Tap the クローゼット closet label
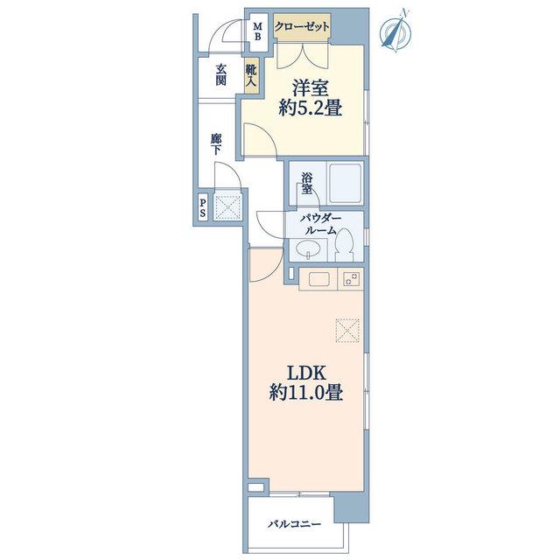pos(302,27)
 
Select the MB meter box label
pos(258,31)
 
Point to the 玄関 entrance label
pos(220,74)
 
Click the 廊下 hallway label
pos(215,143)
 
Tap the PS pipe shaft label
pos(203,208)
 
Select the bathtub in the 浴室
pos(346,183)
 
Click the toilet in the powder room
pos(345,245)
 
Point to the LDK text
pos(307,374)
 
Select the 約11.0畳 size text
pos(306,393)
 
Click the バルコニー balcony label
pos(295,524)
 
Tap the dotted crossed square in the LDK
pos(347,331)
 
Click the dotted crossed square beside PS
pos(227,207)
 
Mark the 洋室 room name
pos(310,87)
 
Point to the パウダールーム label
pos(321,224)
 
